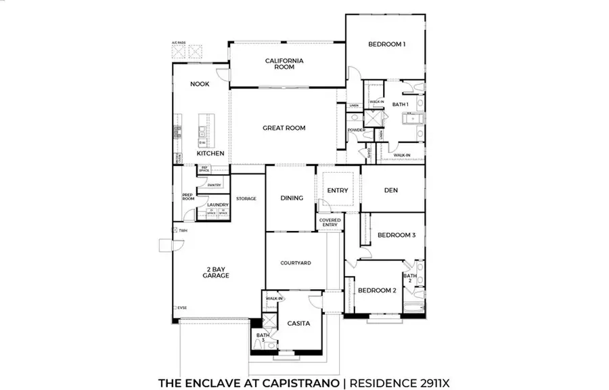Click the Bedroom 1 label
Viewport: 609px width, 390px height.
point(387,45)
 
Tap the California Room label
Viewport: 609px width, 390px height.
point(284,64)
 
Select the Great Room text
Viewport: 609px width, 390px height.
point(284,127)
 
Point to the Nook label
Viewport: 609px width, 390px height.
point(200,84)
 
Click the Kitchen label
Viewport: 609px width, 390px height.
point(210,154)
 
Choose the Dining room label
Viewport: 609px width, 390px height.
point(292,198)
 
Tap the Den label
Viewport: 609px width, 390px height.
point(391,190)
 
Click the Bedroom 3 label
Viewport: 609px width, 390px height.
point(397,235)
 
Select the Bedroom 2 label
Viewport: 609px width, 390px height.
point(377,290)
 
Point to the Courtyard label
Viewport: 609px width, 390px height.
point(296,263)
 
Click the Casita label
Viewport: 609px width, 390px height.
point(298,323)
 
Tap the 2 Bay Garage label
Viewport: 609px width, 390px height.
point(217,272)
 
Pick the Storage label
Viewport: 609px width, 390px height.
point(246,198)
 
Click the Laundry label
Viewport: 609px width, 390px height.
point(218,204)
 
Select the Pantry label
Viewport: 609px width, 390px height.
point(215,185)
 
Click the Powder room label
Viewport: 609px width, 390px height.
point(356,130)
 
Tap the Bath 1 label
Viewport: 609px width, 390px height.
point(401,104)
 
